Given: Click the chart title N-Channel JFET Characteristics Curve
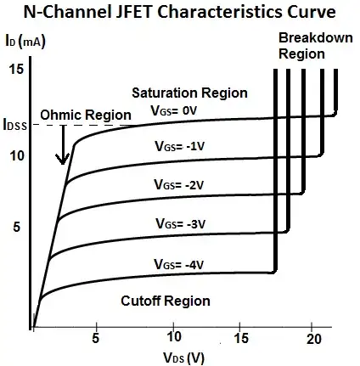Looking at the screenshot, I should click(179, 13).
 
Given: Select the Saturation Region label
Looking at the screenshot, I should click(201, 93).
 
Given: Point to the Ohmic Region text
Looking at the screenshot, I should click(81, 115).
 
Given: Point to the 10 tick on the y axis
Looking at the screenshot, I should click(14, 156).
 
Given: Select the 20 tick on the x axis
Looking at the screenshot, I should click(314, 338).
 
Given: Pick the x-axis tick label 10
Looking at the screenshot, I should click(173, 338).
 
